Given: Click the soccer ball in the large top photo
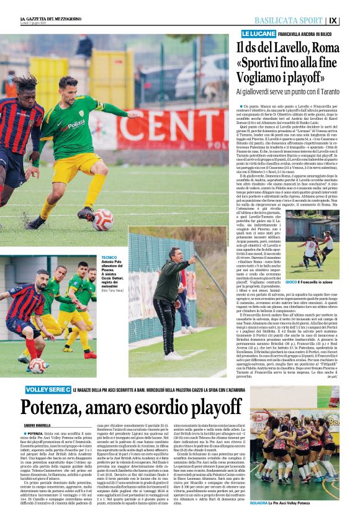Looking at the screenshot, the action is click(102, 219).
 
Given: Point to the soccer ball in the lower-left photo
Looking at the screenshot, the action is click(38, 366).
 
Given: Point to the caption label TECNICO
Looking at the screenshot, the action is click(109, 256).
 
